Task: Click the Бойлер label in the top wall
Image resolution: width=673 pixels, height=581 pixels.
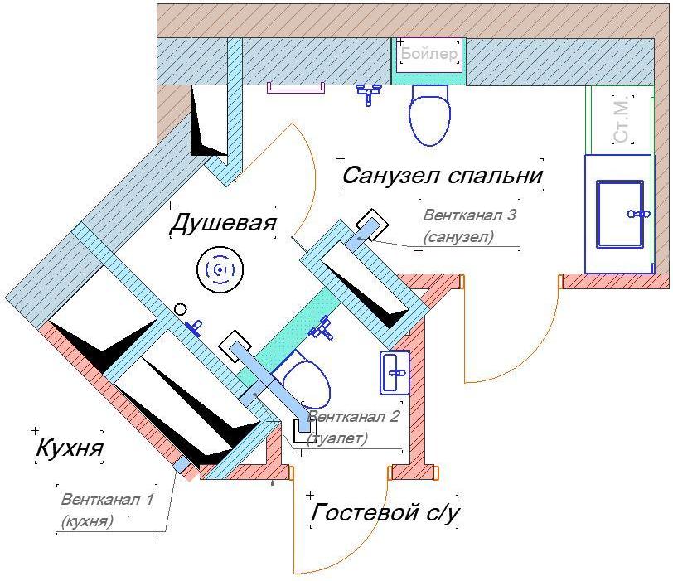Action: (428, 55)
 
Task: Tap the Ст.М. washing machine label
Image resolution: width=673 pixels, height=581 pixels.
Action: (622, 119)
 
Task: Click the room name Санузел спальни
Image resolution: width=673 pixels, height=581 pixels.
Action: (442, 176)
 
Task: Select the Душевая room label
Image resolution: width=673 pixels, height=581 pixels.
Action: (222, 223)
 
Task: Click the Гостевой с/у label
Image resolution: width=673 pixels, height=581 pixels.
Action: (385, 513)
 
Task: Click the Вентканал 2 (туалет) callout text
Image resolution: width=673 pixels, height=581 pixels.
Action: (353, 427)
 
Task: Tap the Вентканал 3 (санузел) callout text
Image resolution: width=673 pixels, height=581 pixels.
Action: (470, 225)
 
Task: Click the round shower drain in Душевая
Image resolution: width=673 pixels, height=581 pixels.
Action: (220, 269)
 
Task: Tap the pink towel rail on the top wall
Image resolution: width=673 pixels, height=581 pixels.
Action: (295, 87)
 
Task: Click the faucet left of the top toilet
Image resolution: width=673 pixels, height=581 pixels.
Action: (368, 93)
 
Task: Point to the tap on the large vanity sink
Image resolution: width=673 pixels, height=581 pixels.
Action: (638, 214)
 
